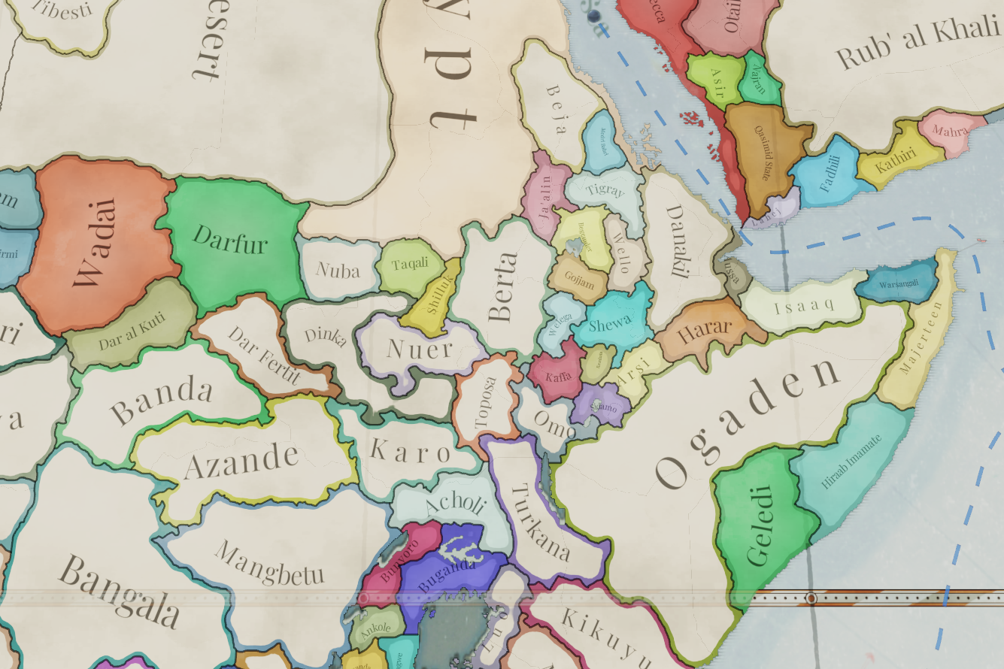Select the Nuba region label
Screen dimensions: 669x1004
coord(338,269)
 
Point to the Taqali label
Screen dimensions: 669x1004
coord(410,263)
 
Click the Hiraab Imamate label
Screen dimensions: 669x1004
coord(851,461)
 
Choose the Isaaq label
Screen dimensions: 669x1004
coord(799,305)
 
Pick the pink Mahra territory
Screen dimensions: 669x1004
coord(950,130)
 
